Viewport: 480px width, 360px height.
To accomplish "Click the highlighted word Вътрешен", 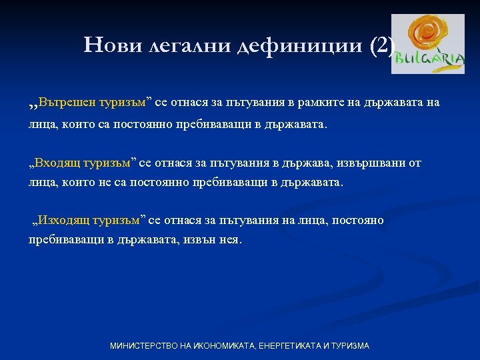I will pos(67,103).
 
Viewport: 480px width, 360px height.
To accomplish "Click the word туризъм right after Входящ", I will pos(111,163).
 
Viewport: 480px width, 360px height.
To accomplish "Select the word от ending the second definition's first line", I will pos(415,163).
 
